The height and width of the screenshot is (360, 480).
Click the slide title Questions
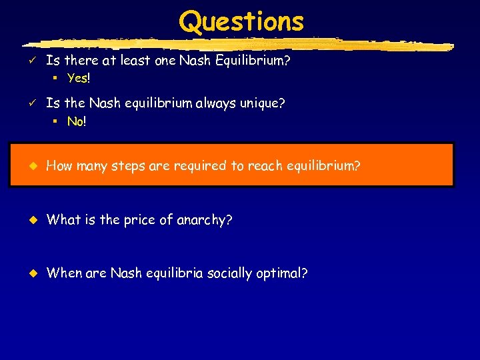241,21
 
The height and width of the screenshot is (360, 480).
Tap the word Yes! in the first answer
78,78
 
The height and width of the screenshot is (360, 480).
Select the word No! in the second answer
77,121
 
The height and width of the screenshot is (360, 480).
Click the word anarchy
205,220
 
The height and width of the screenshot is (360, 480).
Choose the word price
139,220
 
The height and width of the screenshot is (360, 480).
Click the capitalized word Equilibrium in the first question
256,61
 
